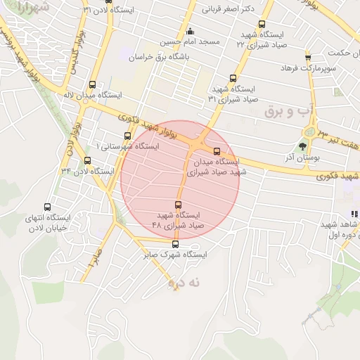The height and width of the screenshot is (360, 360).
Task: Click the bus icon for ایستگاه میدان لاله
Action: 93,84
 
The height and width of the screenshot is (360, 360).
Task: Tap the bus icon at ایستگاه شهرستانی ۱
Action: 127,136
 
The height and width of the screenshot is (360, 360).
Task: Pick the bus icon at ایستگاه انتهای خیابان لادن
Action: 47,207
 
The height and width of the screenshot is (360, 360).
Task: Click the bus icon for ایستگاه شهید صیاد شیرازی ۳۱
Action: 233,79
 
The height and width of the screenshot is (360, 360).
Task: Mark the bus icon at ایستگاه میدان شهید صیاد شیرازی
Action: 216,151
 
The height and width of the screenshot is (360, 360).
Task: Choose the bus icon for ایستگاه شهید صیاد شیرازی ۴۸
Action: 177,205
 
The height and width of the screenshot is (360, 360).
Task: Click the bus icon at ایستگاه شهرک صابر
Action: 175,245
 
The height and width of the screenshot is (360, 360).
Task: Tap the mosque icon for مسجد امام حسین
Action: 190,32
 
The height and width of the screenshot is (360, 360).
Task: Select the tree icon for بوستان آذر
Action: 302,146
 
